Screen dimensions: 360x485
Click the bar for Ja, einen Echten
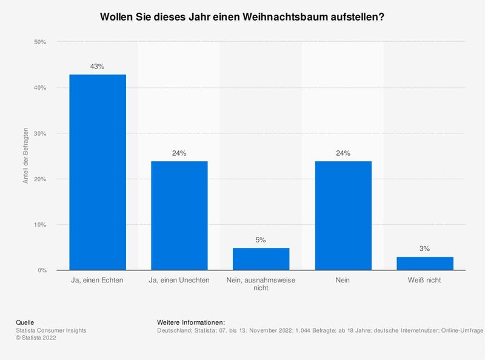click(x=98, y=172)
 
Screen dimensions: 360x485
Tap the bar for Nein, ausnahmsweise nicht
click(x=261, y=259)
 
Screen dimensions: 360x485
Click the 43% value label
click(x=98, y=66)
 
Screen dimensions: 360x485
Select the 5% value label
click(x=261, y=239)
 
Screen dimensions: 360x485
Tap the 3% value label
click(x=425, y=248)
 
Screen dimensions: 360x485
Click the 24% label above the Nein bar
click(x=343, y=153)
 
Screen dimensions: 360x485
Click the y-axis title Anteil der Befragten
click(x=26, y=156)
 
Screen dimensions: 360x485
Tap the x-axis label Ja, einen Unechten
click(x=179, y=281)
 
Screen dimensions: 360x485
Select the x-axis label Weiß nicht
click(x=425, y=281)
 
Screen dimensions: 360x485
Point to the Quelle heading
click(x=24, y=322)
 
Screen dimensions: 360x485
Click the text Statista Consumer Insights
click(x=50, y=330)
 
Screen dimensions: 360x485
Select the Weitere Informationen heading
click(x=190, y=322)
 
